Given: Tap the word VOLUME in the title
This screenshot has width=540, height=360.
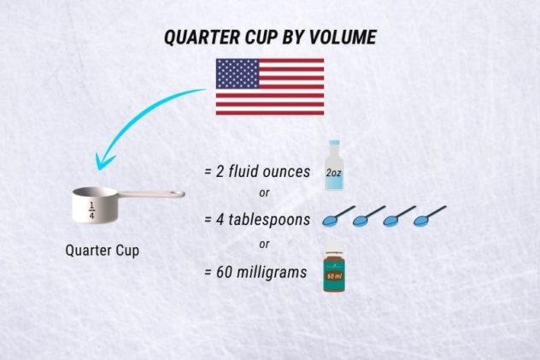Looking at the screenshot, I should pyautogui.click(x=342, y=38).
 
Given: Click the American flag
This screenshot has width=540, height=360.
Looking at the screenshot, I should pyautogui.click(x=269, y=86).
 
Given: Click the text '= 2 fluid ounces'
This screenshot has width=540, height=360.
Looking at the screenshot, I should pyautogui.click(x=257, y=171).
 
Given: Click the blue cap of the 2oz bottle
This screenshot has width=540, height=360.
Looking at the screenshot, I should pyautogui.click(x=333, y=147).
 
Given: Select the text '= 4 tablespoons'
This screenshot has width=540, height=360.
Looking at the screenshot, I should pyautogui.click(x=257, y=220).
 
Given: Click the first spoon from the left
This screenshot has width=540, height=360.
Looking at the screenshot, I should pyautogui.click(x=337, y=218).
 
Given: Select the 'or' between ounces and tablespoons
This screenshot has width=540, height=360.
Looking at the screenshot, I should pyautogui.click(x=263, y=193).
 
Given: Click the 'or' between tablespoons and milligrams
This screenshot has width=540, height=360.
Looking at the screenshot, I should pyautogui.click(x=263, y=245).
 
